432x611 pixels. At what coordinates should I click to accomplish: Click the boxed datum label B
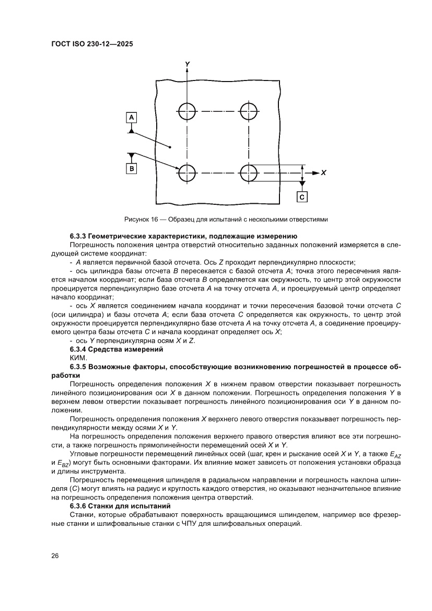132,168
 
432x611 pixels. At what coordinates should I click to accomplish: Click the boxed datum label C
302,197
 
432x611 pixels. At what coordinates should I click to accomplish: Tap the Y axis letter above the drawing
187,63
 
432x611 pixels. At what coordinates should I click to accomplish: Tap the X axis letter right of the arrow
323,172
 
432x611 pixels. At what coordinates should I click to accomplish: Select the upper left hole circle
186,111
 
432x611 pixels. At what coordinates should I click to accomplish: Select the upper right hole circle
249,111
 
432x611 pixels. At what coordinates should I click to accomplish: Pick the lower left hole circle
186,172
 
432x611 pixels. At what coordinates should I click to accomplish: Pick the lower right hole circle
249,172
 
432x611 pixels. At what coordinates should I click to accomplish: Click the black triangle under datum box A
132,130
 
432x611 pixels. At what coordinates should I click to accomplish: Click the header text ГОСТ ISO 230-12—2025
92,45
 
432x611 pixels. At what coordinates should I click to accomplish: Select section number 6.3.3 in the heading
79,237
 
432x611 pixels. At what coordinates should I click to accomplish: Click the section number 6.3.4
79,349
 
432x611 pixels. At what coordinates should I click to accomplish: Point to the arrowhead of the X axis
315,172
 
